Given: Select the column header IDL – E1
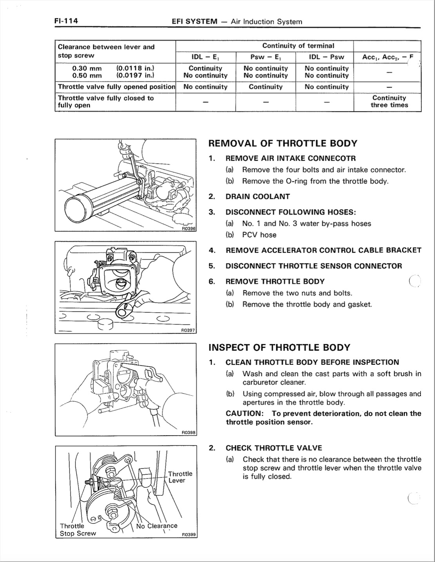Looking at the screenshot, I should [205, 57].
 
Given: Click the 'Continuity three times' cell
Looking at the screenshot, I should [389, 101].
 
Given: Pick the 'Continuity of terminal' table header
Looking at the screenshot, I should [298, 46].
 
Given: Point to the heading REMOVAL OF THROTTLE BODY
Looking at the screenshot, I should [283, 143].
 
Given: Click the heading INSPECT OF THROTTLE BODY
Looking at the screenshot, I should [279, 348].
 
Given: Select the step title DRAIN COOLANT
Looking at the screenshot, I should [257, 196].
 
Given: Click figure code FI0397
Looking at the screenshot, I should [188, 330].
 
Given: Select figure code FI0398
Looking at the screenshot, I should [188, 432].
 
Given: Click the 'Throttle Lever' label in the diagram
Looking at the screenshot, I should [180, 477].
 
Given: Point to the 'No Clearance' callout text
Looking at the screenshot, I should [157, 526].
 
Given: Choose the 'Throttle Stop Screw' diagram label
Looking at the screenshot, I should [78, 530].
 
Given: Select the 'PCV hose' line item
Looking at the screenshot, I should [259, 235].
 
